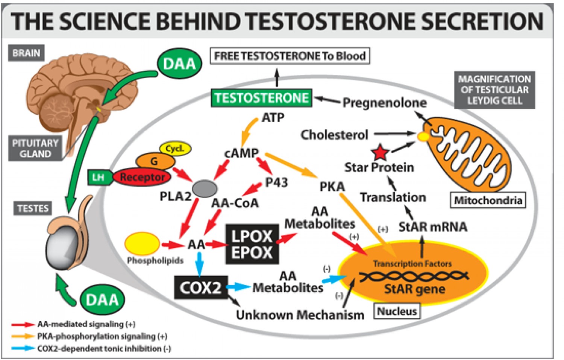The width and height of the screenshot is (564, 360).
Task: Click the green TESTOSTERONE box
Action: tap(261, 98)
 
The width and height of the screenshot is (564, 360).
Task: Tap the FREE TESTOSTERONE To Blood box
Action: tap(290, 56)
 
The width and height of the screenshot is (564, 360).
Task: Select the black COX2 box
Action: tap(201, 288)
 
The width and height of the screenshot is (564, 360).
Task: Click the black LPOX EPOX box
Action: tap(252, 244)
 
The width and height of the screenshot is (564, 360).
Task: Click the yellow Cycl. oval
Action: tap(175, 148)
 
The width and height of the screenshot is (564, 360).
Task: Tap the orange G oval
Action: tap(155, 161)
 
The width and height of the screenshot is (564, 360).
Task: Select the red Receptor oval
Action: tap(142, 177)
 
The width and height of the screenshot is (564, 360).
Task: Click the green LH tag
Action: tap(99, 177)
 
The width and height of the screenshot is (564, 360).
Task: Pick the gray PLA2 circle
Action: tap(205, 188)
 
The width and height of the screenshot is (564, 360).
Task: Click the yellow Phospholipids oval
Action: tap(142, 243)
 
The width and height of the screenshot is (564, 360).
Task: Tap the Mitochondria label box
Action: tap(488, 200)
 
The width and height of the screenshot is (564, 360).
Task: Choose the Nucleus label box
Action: tap(397, 311)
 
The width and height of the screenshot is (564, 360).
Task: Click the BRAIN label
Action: tap(26, 53)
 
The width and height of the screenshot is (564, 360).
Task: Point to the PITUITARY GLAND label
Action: tap(35, 148)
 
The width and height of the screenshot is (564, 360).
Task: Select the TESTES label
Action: tap(33, 208)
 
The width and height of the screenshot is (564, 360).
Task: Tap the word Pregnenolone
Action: tap(384, 102)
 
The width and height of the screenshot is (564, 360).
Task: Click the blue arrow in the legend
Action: tap(23, 348)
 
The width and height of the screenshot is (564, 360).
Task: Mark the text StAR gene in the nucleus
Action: tap(414, 289)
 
